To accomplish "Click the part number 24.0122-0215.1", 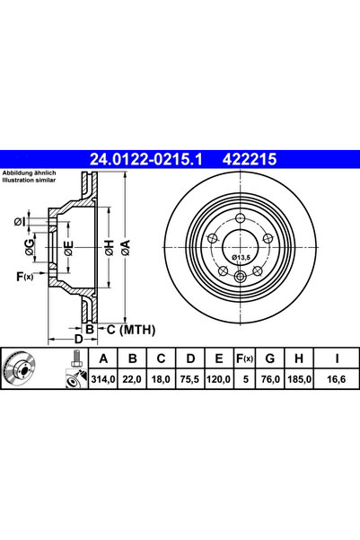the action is pyautogui.click(x=146, y=159).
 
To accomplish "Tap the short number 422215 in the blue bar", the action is pyautogui.click(x=250, y=159).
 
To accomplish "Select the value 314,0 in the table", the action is pyautogui.click(x=103, y=379).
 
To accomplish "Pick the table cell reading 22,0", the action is pyautogui.click(x=132, y=379).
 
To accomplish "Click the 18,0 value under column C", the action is pyautogui.click(x=161, y=379).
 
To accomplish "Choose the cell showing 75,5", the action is pyautogui.click(x=190, y=379).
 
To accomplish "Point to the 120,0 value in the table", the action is pyautogui.click(x=218, y=379).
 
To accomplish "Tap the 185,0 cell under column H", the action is pyautogui.click(x=299, y=379).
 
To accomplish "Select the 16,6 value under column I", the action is pyautogui.click(x=337, y=379).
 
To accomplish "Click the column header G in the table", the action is pyautogui.click(x=270, y=359).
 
